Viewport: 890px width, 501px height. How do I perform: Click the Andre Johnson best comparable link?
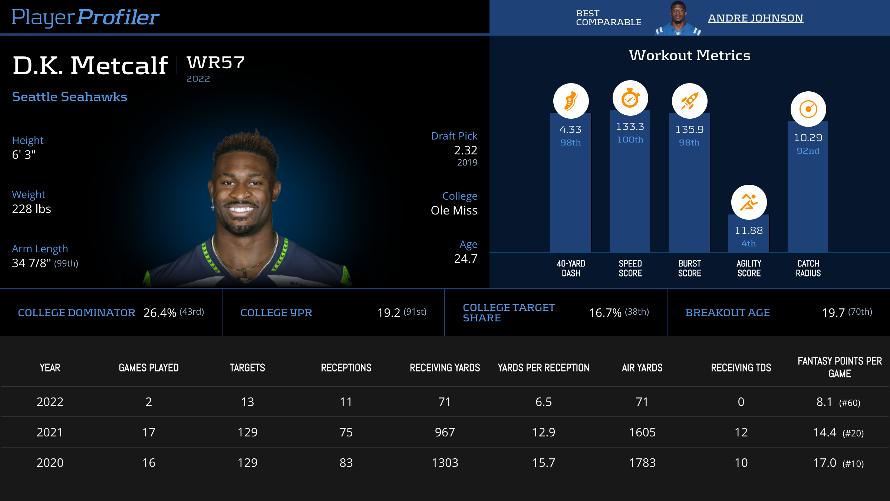(x=755, y=18)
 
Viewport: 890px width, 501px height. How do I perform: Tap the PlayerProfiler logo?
(x=85, y=17)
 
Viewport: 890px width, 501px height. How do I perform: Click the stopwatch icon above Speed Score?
(x=630, y=98)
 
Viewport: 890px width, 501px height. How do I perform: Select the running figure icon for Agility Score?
(x=749, y=202)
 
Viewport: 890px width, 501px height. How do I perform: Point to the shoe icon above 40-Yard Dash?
(x=571, y=101)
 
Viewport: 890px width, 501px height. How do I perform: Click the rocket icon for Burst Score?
(x=689, y=101)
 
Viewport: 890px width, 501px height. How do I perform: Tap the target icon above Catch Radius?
(x=808, y=109)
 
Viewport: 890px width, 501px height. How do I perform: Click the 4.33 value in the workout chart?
(x=570, y=130)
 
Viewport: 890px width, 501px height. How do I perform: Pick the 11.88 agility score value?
(x=749, y=230)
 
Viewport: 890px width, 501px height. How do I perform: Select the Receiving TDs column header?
(x=741, y=368)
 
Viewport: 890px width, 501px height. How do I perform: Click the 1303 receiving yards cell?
(x=445, y=463)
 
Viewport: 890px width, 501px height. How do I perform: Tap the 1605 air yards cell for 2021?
(x=642, y=432)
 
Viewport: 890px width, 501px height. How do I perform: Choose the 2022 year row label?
(x=50, y=402)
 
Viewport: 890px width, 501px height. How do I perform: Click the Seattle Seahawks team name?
(x=70, y=97)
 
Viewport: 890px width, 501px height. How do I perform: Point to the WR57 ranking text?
(x=215, y=63)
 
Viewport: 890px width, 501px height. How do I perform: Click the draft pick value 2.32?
(x=466, y=150)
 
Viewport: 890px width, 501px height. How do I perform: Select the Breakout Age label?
(x=728, y=313)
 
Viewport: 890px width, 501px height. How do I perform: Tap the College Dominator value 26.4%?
(x=160, y=313)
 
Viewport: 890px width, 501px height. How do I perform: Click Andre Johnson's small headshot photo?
(x=678, y=19)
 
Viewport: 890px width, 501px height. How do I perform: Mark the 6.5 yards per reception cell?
(x=544, y=402)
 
